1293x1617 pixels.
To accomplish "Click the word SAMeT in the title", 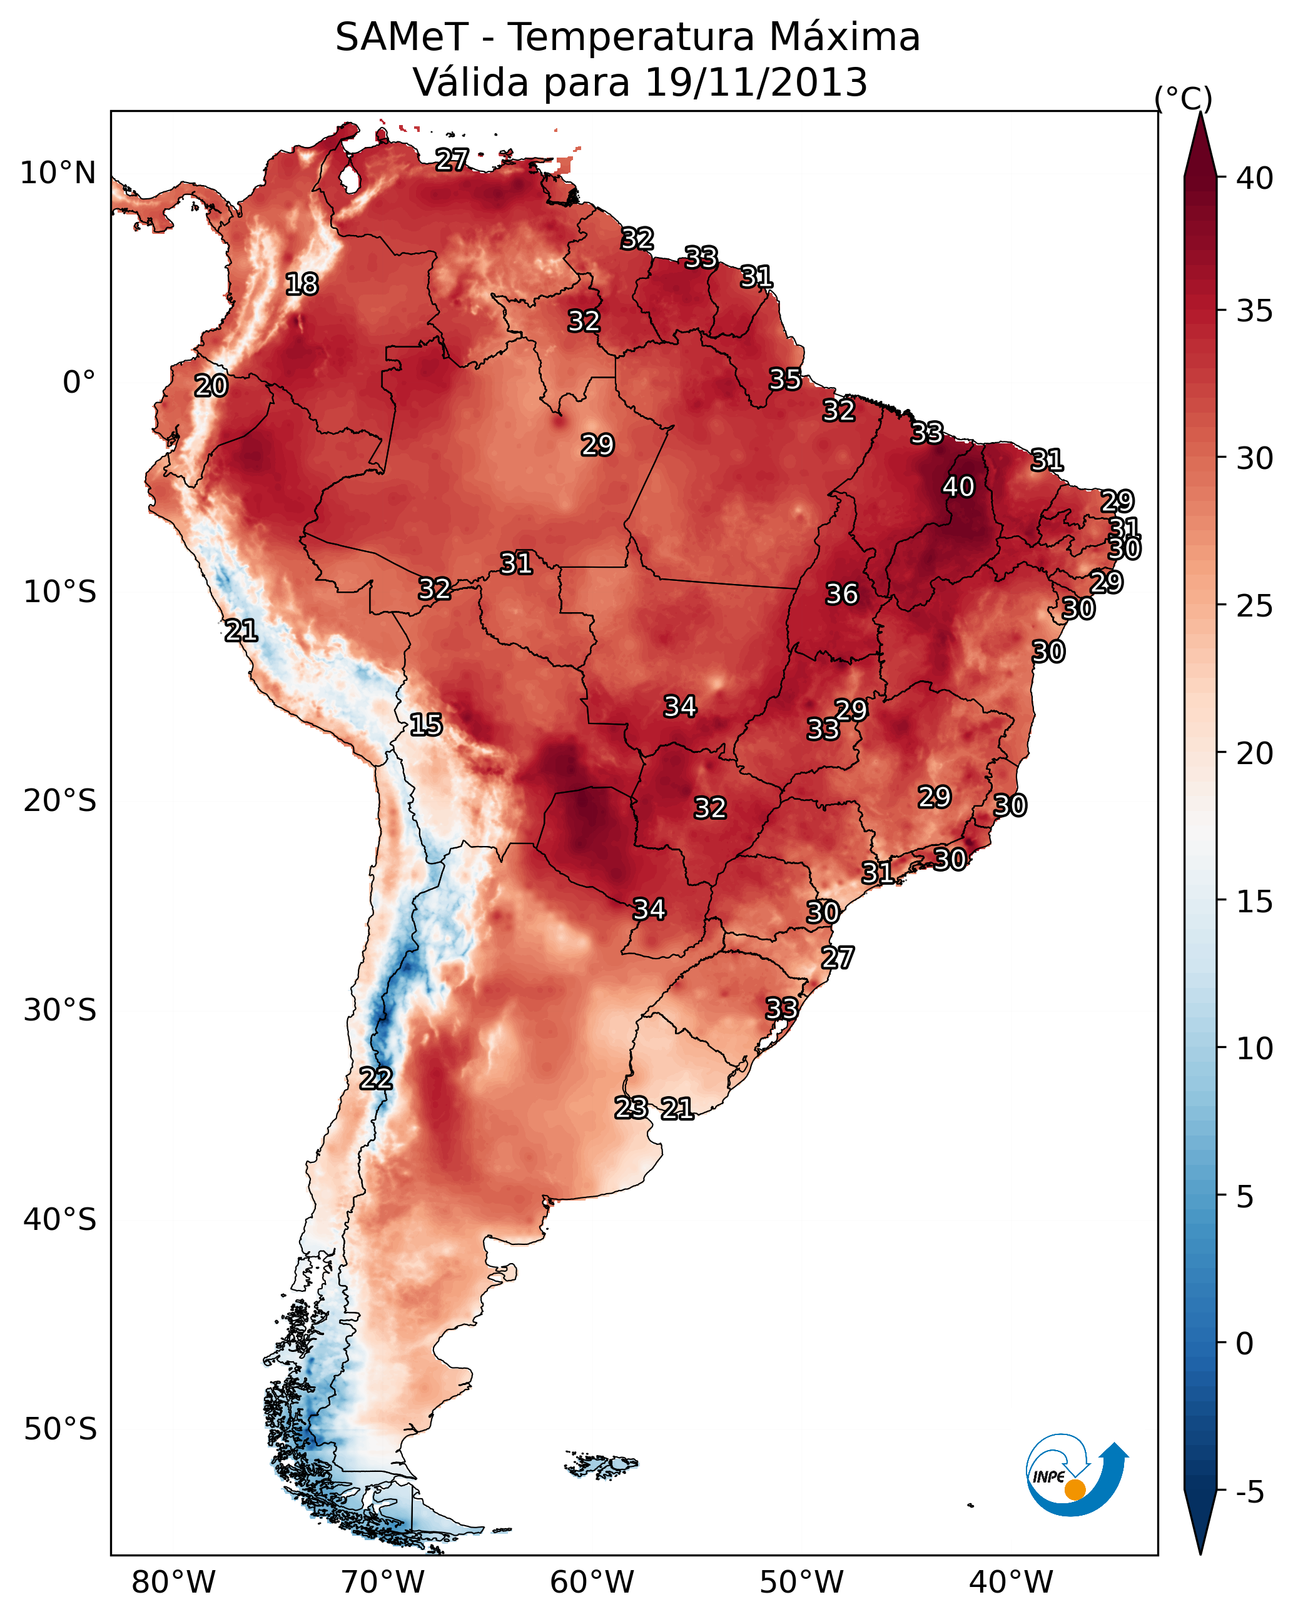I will click(402, 38).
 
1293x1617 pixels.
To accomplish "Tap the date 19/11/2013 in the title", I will click(756, 83).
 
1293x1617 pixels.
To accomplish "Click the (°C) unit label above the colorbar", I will click(1184, 98).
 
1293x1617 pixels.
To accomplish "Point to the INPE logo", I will click(1076, 1474).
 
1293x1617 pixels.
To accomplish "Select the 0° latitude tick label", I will click(79, 383).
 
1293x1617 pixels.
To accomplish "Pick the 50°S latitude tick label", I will click(59, 1429).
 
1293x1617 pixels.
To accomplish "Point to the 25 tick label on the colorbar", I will click(1255, 606).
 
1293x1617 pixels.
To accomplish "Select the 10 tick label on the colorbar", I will click(1255, 1049).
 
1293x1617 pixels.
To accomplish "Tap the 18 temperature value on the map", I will click(302, 285).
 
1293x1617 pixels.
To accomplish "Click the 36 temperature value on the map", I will click(841, 594).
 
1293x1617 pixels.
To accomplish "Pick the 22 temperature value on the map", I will click(375, 1079).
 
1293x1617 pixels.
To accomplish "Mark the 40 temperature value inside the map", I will click(958, 486).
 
